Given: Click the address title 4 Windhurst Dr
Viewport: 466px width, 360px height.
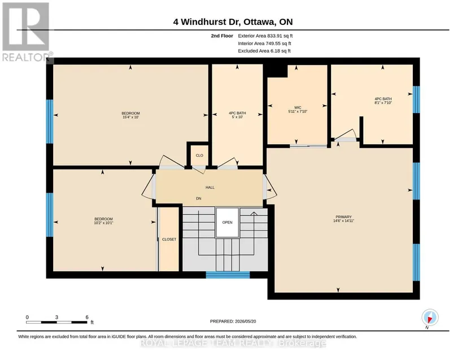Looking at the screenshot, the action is [207, 22].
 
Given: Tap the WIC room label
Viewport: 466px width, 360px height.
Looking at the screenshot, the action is [298, 107].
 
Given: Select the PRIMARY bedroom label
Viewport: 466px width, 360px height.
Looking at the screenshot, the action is [343, 217].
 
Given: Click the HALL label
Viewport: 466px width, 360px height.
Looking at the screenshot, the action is [210, 188].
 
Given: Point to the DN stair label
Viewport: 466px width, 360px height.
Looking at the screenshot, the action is [198, 198].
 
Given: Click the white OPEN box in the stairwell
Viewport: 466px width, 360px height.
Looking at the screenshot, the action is [228, 222].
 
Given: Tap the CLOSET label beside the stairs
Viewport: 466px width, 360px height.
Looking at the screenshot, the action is [169, 239].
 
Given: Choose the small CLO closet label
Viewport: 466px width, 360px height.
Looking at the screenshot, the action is [199, 155].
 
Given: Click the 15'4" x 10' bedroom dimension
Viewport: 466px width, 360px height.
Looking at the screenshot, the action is [131, 117].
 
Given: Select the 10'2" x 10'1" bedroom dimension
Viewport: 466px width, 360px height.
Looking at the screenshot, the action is [104, 223].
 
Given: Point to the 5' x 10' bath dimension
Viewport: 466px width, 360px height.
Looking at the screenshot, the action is [237, 117].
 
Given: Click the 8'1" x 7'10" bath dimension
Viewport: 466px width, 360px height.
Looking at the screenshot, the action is [383, 102].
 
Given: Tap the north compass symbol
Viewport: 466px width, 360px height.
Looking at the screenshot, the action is [430, 318].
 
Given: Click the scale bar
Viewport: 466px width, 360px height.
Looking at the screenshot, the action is [56, 322].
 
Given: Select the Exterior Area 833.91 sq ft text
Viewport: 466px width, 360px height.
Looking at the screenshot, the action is [265, 36].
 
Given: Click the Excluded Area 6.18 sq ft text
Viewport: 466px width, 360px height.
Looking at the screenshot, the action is [264, 51].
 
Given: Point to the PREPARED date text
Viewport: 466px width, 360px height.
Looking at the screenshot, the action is [233, 322].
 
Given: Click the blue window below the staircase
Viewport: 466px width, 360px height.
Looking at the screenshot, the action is [228, 275].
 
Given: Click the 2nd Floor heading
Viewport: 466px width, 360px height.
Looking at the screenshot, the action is [222, 36].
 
